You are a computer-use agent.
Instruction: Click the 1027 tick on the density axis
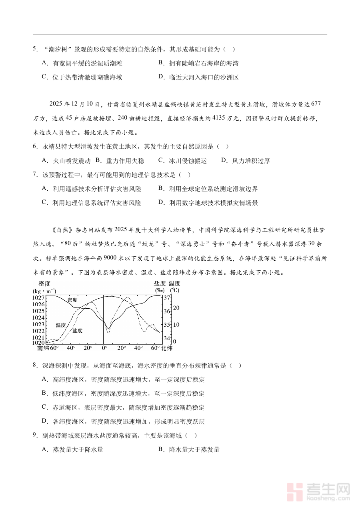(39, 298)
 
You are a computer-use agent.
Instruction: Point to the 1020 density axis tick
(39, 343)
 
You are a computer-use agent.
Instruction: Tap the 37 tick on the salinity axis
(167, 298)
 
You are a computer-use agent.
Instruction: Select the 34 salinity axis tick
(167, 338)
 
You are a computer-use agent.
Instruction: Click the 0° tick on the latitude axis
(104, 348)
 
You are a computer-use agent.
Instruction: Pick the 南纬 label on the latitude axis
(43, 348)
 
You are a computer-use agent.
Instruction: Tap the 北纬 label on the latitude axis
(167, 348)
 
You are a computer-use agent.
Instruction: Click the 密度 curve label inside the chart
(72, 300)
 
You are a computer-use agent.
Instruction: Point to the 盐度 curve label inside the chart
(77, 331)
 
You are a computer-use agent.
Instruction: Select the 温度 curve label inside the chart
(61, 325)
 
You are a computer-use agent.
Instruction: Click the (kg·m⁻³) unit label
(45, 291)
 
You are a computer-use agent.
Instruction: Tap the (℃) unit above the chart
(175, 291)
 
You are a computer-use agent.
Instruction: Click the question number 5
(35, 49)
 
